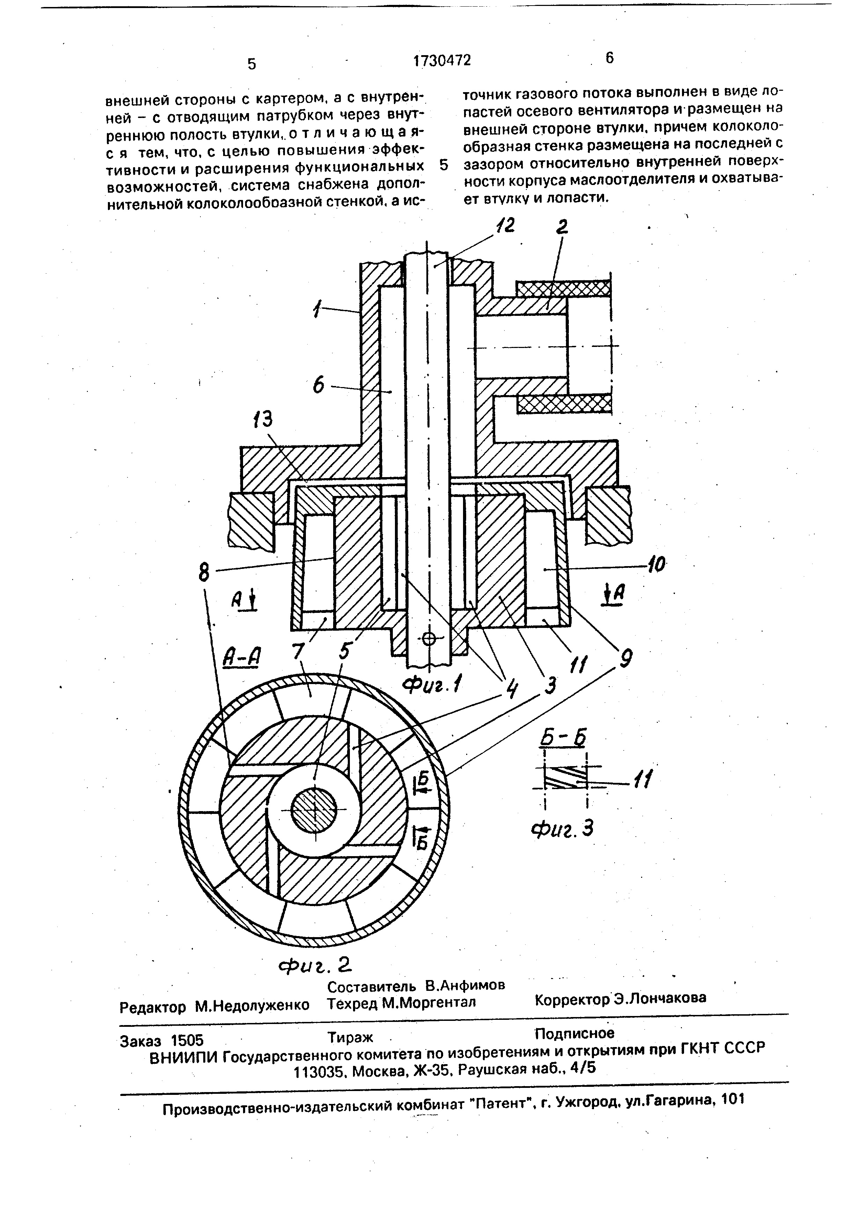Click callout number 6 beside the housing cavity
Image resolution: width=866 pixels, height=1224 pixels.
pos(318,385)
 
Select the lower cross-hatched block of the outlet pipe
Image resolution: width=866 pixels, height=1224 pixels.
pos(564,403)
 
